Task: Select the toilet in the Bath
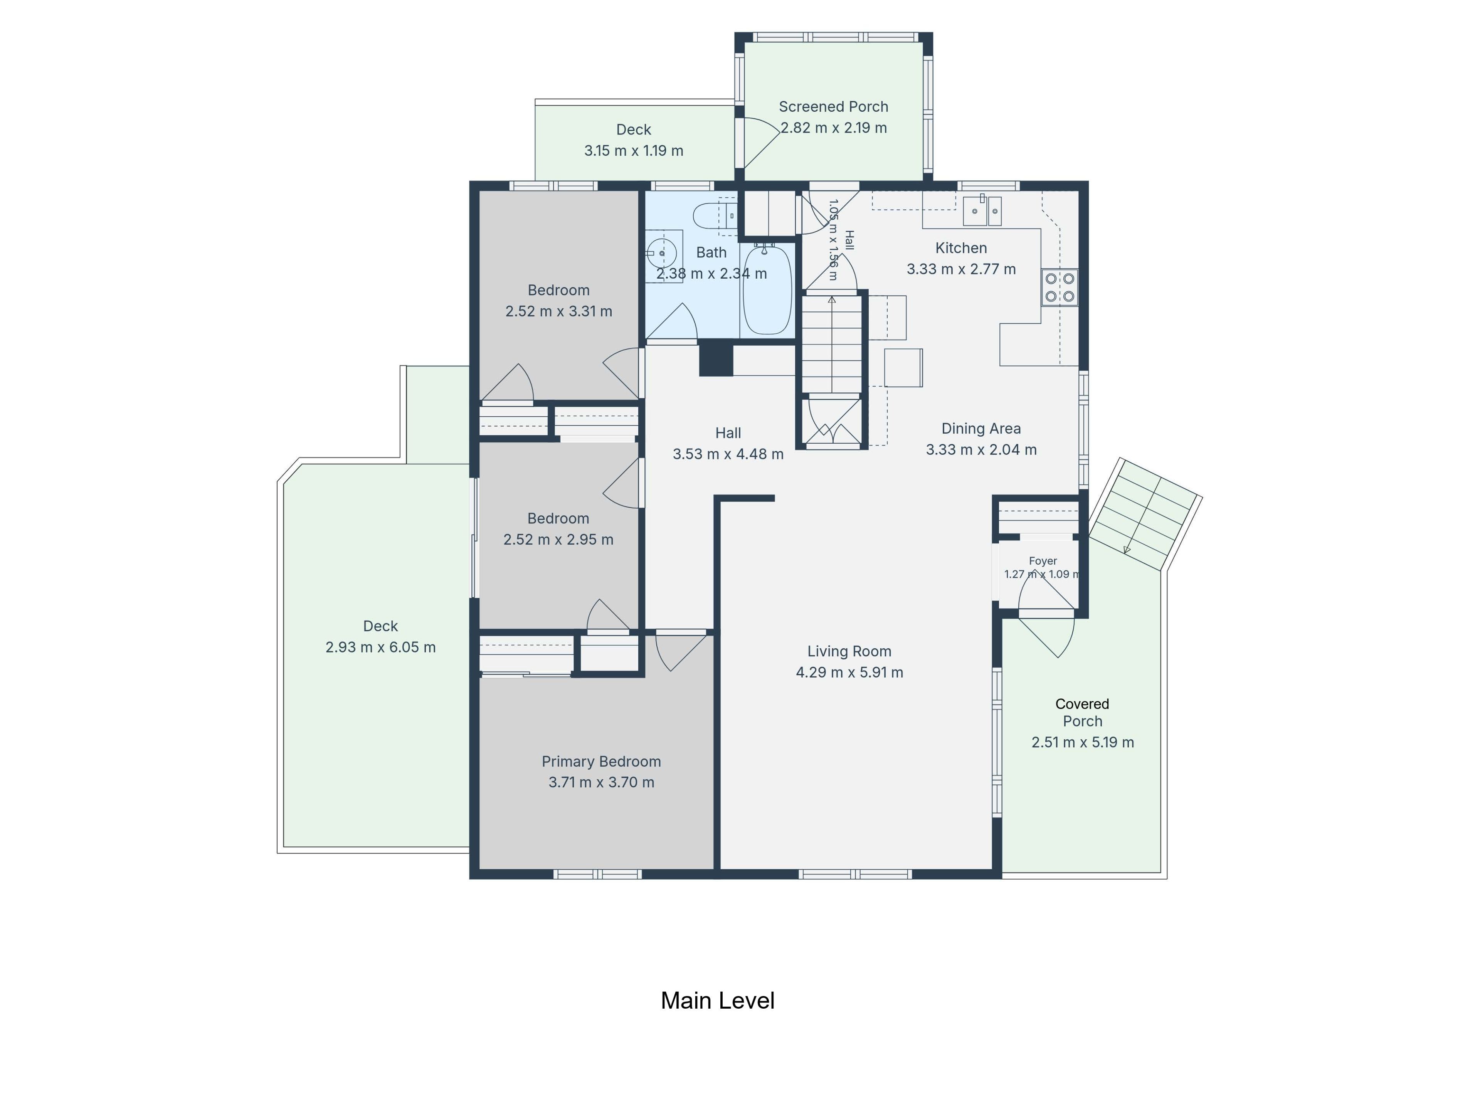click(x=715, y=216)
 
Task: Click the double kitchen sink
click(x=982, y=211)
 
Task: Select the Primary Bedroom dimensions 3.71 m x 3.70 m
click(x=601, y=782)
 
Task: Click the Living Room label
click(x=849, y=651)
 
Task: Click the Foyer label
click(x=1043, y=561)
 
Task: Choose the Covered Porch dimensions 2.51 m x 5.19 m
click(x=1083, y=742)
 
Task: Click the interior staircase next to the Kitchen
click(x=832, y=344)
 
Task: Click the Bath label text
click(x=711, y=252)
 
